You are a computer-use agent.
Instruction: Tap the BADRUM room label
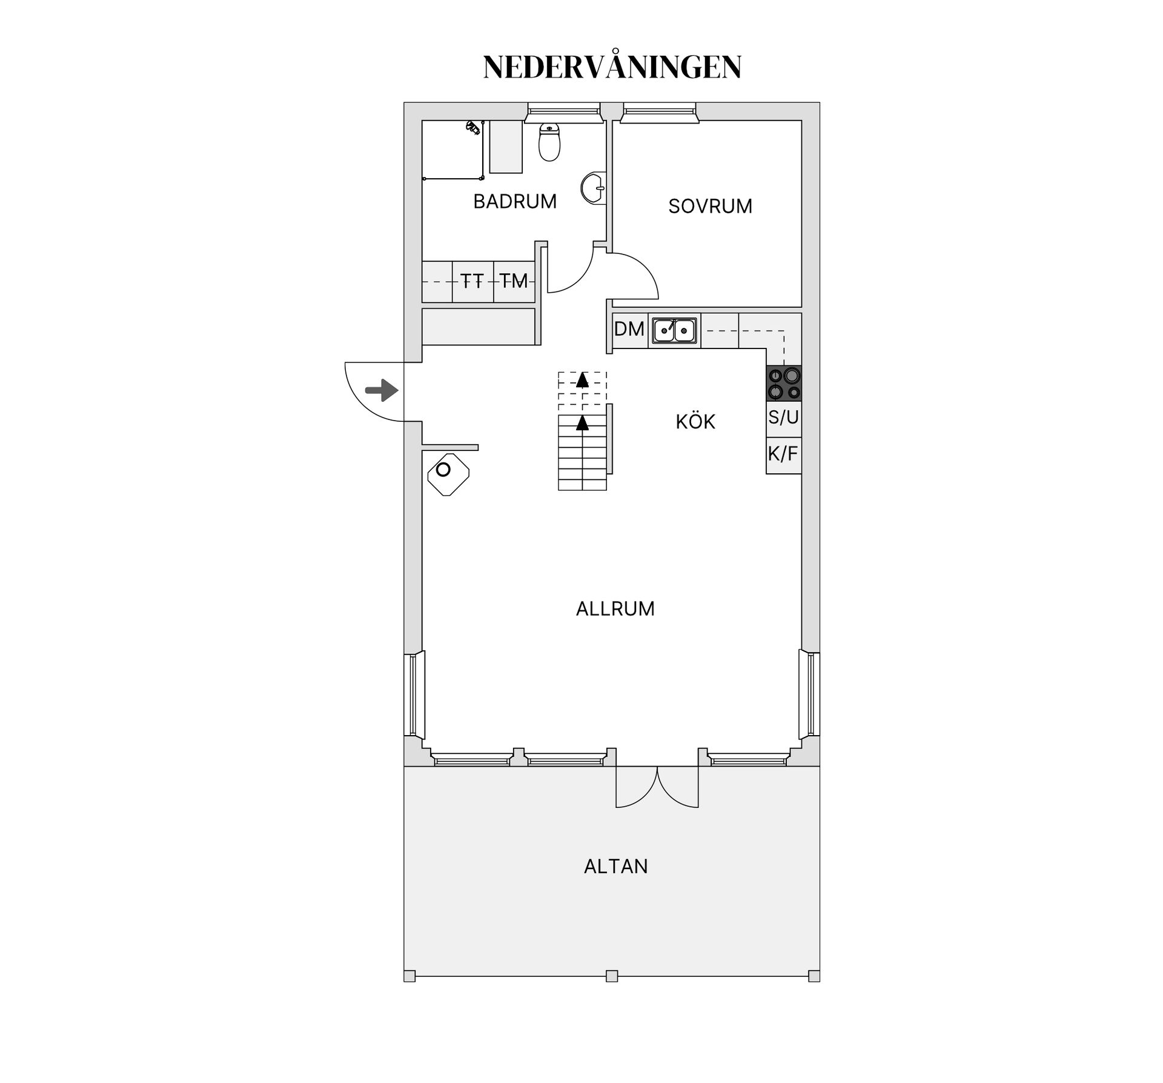tap(515, 201)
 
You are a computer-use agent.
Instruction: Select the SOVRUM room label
tap(711, 206)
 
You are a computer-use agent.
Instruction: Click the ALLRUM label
tap(615, 608)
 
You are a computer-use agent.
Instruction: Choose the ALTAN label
tap(616, 867)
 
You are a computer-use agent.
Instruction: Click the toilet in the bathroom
tap(549, 142)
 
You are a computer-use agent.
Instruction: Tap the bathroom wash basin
tap(593, 187)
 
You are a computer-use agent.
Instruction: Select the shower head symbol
tap(473, 127)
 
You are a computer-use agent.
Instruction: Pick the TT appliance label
tap(472, 281)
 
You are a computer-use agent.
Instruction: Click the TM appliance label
tap(514, 281)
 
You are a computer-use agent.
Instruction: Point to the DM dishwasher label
tap(629, 329)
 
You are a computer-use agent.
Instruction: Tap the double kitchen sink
tap(674, 330)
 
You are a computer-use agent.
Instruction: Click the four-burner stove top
tap(784, 384)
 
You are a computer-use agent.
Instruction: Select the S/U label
tap(784, 417)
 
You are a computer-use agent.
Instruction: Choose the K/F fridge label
tap(783, 453)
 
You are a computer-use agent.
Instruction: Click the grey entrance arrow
tap(382, 390)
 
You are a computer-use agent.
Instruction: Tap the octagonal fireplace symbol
tap(448, 475)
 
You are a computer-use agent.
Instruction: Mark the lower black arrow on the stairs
tap(582, 422)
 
